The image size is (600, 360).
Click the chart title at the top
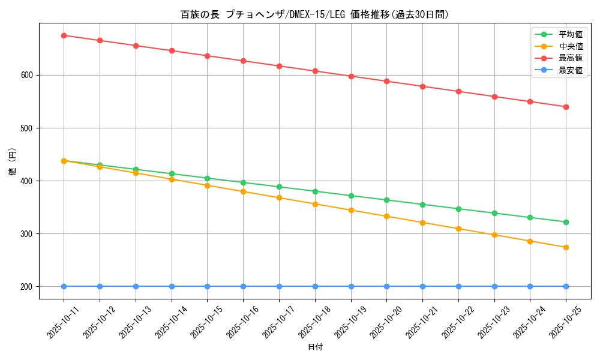(314, 14)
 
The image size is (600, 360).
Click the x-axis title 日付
(314, 347)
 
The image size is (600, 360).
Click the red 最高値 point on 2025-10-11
(64, 35)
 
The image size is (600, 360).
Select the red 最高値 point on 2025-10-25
(566, 107)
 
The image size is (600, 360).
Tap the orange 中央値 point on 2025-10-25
(566, 247)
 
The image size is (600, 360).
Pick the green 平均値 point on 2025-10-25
(566, 222)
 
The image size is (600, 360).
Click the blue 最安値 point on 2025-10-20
(386, 286)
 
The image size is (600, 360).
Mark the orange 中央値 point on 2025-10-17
(279, 197)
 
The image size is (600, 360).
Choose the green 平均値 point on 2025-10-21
(422, 205)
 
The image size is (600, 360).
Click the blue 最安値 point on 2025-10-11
(64, 286)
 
